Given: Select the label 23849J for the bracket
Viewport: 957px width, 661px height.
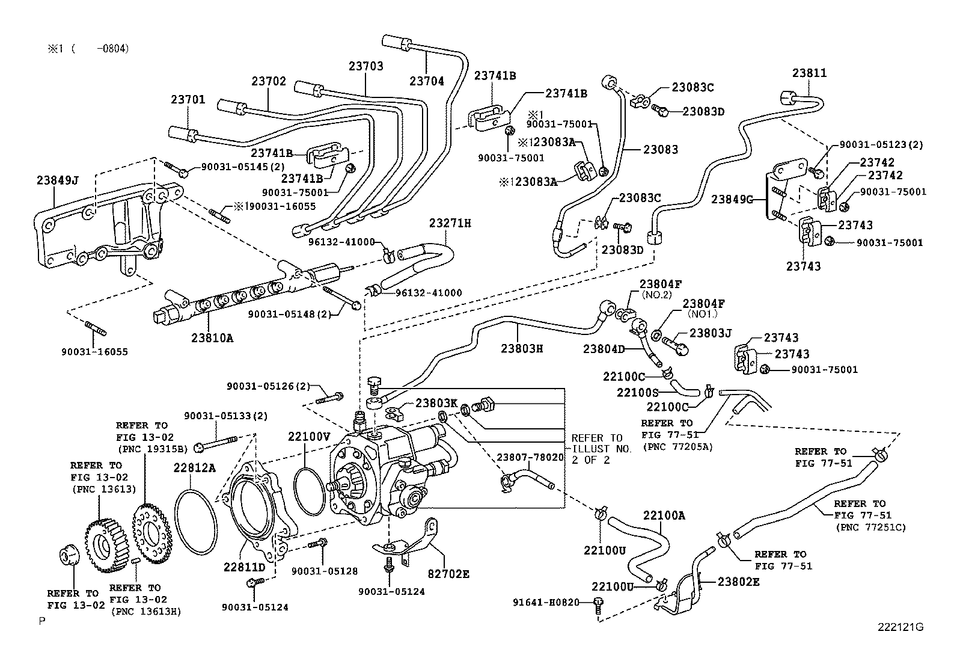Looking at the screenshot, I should (x=57, y=179).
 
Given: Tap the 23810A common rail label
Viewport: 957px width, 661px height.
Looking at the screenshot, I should (x=212, y=338).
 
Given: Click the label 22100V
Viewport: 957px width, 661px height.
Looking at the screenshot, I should (x=308, y=437).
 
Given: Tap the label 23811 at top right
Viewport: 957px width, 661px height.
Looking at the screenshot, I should (x=809, y=73).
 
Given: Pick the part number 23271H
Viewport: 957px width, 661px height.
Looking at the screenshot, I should (x=450, y=223).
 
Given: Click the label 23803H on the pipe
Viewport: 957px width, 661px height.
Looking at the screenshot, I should (x=522, y=348).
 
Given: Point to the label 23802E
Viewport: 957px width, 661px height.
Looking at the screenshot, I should (x=738, y=582).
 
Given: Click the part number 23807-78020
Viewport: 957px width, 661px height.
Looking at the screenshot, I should (x=530, y=457).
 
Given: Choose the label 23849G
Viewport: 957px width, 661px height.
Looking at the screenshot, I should (x=732, y=199).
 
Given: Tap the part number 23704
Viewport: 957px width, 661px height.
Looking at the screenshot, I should (x=427, y=81).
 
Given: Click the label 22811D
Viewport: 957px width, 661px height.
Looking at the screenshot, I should (x=245, y=567).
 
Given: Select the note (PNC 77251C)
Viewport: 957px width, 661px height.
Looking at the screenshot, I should (x=870, y=527).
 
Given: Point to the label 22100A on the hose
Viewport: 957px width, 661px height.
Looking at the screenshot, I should (x=664, y=515).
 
